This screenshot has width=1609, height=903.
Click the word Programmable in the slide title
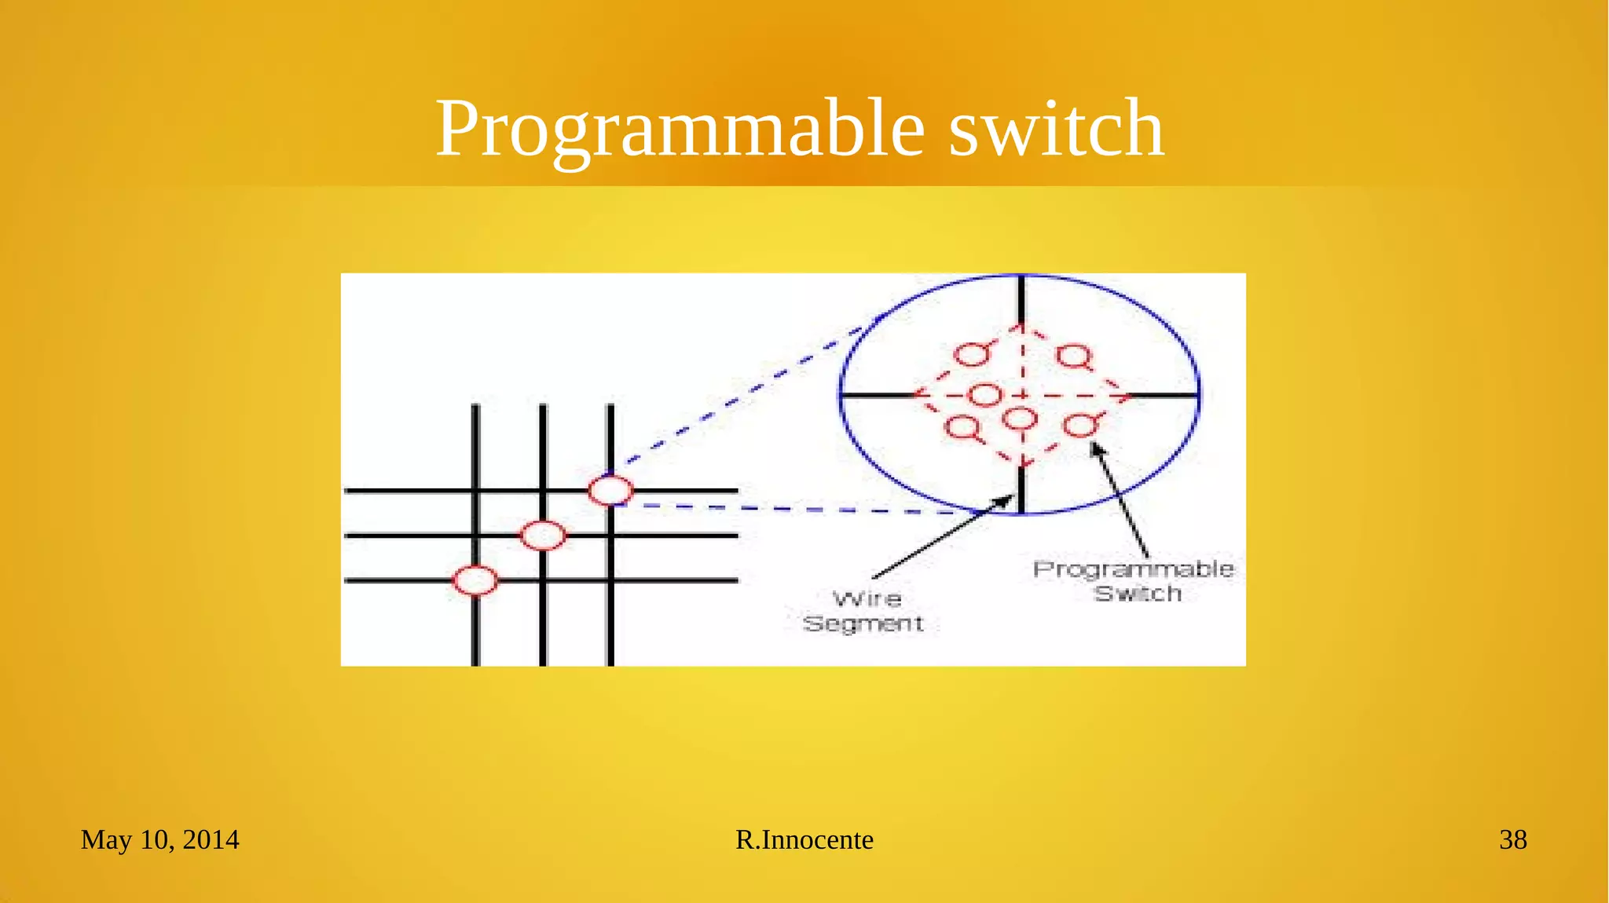[x=680, y=130]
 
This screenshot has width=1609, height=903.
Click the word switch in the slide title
[x=1056, y=130]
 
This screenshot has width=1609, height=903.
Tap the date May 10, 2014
[x=159, y=839]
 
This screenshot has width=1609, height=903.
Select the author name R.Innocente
[x=804, y=839]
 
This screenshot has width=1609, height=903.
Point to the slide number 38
[x=1512, y=839]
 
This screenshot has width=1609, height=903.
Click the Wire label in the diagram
[x=867, y=599]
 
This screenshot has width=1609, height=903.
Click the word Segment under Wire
[x=863, y=623]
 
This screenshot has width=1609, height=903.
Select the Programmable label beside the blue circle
[x=1133, y=569]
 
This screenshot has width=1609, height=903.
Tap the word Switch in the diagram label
[x=1138, y=594]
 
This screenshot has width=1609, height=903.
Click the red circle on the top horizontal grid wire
[x=610, y=491]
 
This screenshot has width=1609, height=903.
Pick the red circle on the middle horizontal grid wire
[x=543, y=536]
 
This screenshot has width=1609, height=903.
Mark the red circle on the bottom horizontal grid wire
[x=475, y=580]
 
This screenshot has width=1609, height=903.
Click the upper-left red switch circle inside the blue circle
[x=972, y=355]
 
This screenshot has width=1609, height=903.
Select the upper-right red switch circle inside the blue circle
[x=1073, y=356]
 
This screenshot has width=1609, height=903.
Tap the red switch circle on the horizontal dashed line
[x=985, y=395]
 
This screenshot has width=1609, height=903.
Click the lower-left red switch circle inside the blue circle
[x=962, y=428]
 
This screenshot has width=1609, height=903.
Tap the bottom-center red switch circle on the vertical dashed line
[x=1021, y=419]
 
